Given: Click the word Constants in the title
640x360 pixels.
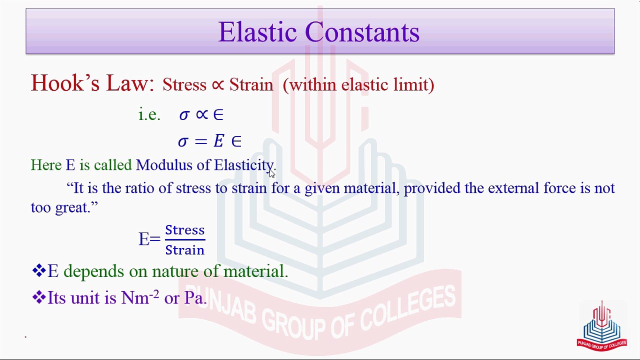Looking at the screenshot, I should point(362,32).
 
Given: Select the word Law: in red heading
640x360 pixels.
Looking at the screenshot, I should point(130,83).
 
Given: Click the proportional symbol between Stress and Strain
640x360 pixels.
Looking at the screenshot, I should point(217,85).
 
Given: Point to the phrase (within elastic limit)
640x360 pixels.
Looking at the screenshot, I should point(358,84).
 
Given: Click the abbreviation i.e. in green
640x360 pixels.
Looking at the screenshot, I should point(149,115).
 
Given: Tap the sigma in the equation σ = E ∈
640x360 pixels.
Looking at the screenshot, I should point(183,141).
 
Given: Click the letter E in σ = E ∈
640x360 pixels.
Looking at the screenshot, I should point(218,141).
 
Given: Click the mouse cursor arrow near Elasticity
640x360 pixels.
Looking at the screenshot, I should point(271,173).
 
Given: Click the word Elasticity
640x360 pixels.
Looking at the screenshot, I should point(244,165).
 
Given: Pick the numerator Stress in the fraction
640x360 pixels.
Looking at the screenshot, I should point(185,230).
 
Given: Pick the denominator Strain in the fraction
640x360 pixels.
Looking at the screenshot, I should point(185,249).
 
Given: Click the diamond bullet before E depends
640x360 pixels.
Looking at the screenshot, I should point(38,271).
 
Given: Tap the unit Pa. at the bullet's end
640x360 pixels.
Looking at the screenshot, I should point(195,298).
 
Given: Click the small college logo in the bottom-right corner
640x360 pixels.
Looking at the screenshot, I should point(601,325).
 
